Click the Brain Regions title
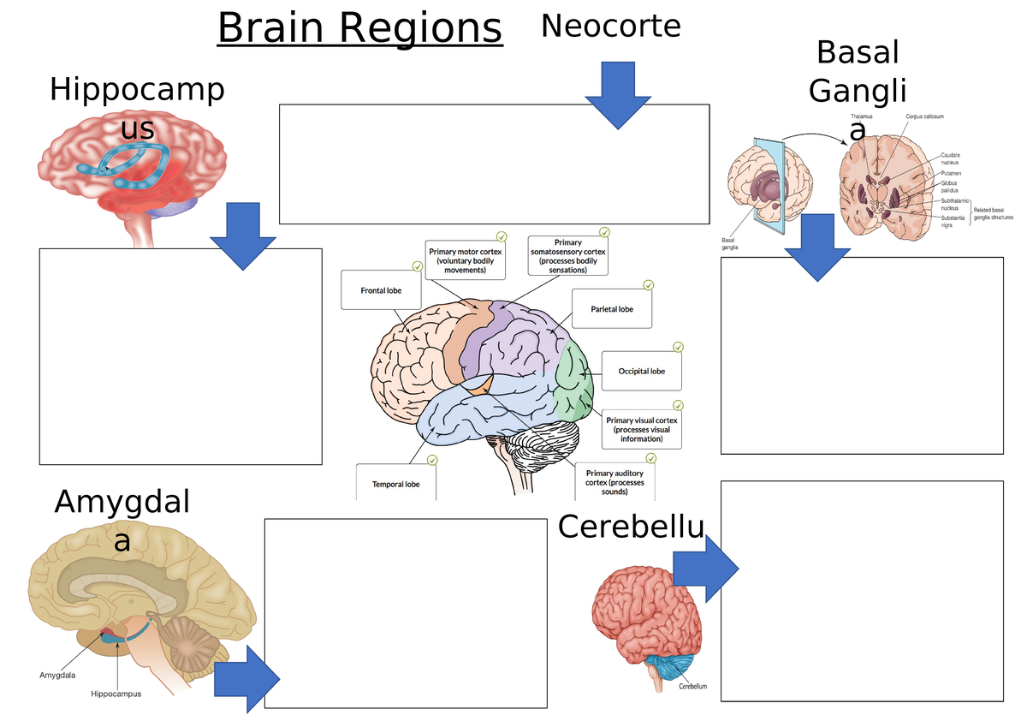click(x=359, y=29)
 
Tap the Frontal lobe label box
click(x=382, y=290)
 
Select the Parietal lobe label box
click(x=611, y=309)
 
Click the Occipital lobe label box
click(x=641, y=372)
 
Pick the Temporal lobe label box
click(x=395, y=484)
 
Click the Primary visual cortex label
click(x=641, y=430)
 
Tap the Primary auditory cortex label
click(x=620, y=482)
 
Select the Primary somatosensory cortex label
click(x=567, y=256)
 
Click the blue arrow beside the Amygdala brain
click(x=246, y=679)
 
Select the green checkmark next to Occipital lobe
click(x=678, y=347)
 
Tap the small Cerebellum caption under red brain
click(x=692, y=686)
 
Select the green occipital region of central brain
click(x=573, y=380)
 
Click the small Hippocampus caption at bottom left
click(x=116, y=694)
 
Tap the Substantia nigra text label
click(x=953, y=221)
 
